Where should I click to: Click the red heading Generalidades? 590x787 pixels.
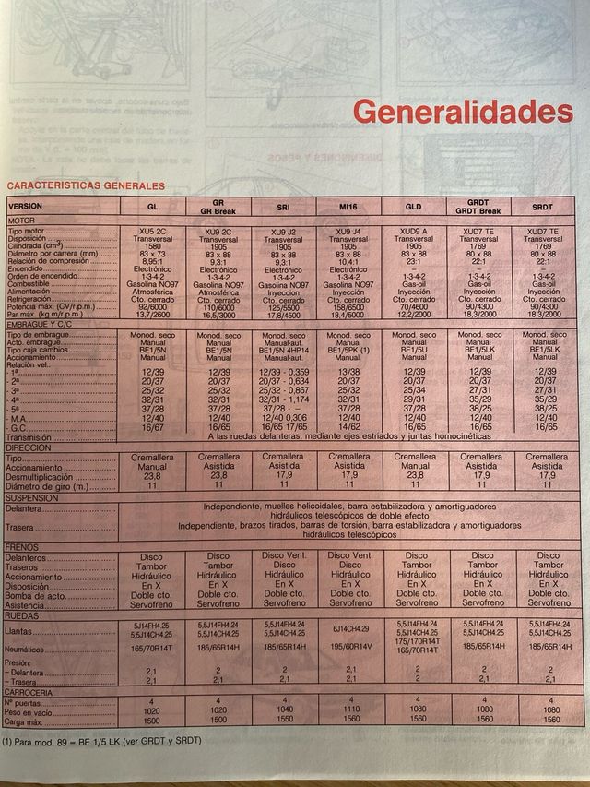[x=463, y=112]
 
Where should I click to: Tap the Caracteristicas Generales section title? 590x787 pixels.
[x=73, y=185]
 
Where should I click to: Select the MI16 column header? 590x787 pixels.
[x=348, y=207]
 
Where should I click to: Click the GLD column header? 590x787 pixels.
[x=413, y=207]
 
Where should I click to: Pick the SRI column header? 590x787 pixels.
[x=283, y=207]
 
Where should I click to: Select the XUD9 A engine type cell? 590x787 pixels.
[x=413, y=231]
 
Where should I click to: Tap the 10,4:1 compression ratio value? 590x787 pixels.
[x=348, y=262]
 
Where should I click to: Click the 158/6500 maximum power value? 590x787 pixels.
[x=348, y=307]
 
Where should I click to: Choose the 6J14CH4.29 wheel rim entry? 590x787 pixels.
[x=348, y=628]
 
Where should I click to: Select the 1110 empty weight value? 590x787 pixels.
[x=348, y=710]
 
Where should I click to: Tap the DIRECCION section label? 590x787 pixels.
[x=31, y=447]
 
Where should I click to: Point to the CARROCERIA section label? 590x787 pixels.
[x=32, y=692]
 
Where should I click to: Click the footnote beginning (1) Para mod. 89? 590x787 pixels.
[x=101, y=741]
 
